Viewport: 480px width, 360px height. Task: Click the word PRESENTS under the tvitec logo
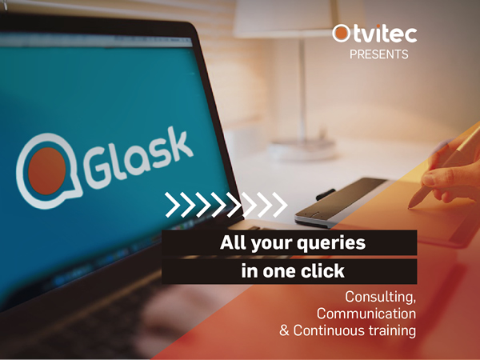(379, 54)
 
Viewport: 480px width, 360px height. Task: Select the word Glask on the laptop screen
(138, 157)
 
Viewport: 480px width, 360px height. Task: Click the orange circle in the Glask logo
(47, 171)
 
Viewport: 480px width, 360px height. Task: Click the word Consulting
(381, 297)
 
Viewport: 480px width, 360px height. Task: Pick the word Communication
(366, 314)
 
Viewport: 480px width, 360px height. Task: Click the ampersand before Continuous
(284, 330)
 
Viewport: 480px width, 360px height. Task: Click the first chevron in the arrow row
(172, 205)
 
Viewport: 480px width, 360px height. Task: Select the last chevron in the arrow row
(280, 205)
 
